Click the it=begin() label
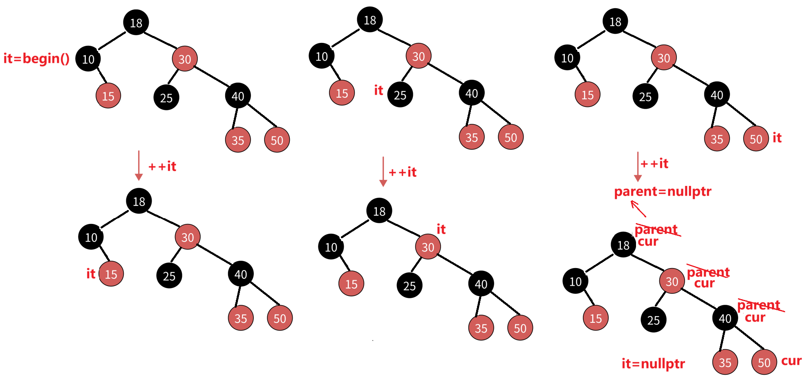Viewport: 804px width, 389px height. (36, 59)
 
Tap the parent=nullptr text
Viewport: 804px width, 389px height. (663, 192)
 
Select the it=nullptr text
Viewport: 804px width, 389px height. (653, 364)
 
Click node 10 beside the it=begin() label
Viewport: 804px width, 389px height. (88, 59)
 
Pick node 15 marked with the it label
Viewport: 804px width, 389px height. (111, 274)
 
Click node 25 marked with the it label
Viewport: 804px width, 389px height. (400, 95)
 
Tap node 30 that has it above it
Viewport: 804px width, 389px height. (428, 247)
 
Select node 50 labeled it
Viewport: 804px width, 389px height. (756, 139)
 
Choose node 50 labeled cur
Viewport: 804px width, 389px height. (764, 362)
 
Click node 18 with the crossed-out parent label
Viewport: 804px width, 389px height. (623, 245)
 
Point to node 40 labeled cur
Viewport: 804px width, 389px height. (725, 318)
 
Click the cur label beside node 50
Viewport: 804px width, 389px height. (791, 361)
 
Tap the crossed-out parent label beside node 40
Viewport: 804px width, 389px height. (759, 305)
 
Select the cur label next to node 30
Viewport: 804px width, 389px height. (704, 283)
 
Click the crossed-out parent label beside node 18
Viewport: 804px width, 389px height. (656, 230)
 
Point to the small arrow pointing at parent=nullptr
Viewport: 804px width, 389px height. (638, 208)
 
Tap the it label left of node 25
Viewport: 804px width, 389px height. (378, 90)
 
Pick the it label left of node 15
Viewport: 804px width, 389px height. (90, 274)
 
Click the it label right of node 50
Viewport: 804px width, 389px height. (777, 138)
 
